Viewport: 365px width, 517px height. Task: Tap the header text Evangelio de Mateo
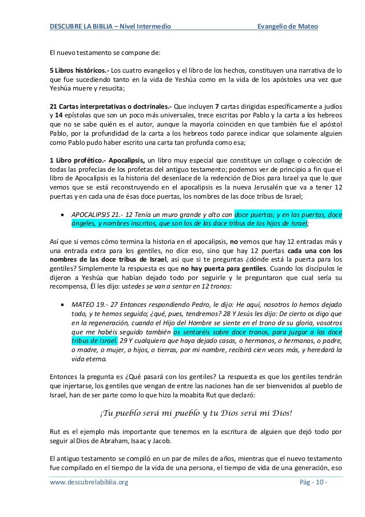coord(288,27)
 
